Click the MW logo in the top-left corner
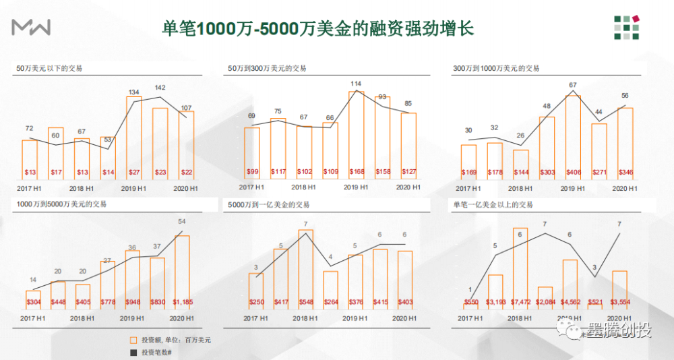[x=32, y=28]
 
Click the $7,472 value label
[x=518, y=302]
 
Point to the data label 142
[x=160, y=88]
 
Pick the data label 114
[x=356, y=84]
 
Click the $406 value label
[x=572, y=172]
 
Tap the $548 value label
[x=306, y=302]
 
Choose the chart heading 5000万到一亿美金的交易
[x=269, y=204]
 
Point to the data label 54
[x=181, y=222]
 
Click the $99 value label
[x=251, y=172]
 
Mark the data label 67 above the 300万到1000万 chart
[x=573, y=86]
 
